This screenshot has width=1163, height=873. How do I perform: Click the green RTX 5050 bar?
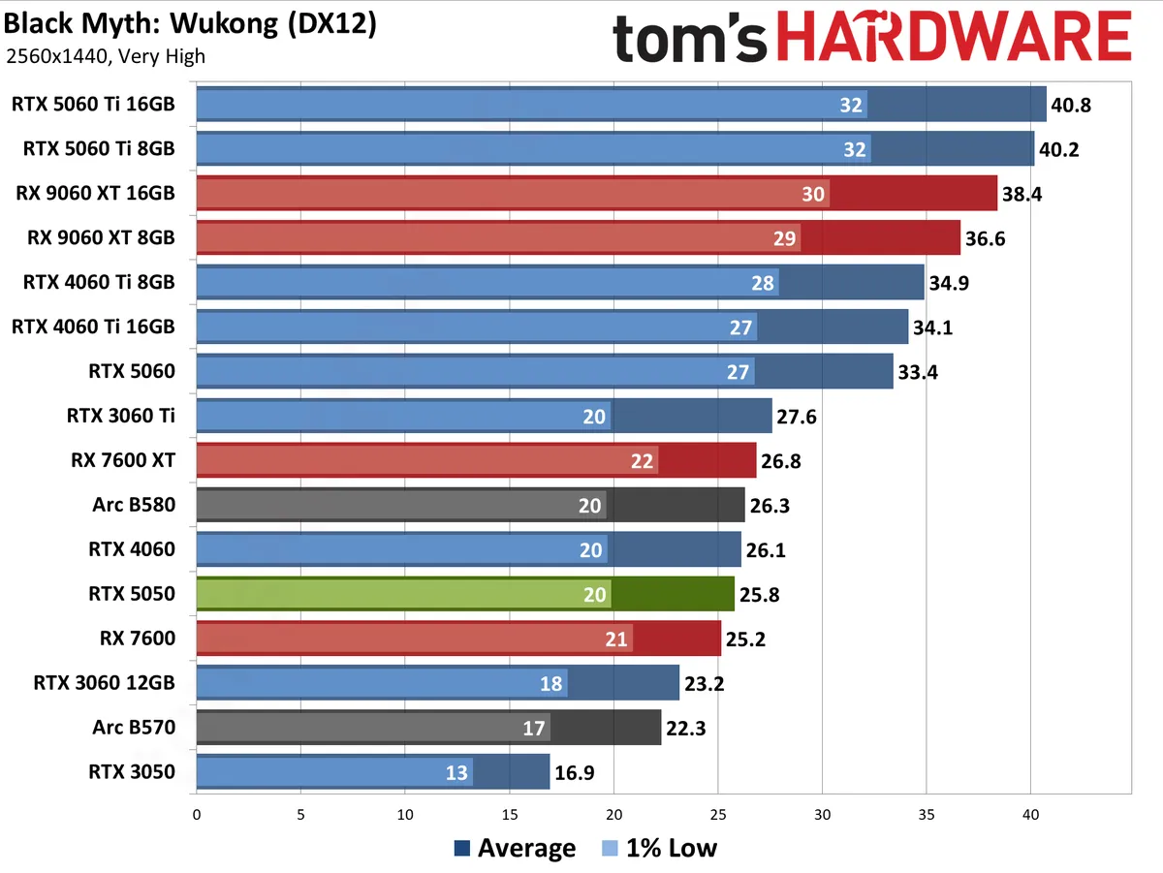click(465, 594)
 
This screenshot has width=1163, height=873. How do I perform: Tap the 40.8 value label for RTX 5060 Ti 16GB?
click(1071, 105)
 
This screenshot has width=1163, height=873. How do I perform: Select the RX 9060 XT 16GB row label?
click(95, 193)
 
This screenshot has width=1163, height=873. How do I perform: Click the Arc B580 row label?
click(135, 505)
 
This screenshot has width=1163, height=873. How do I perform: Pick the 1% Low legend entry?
click(659, 849)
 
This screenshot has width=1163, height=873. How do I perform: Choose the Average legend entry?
click(515, 849)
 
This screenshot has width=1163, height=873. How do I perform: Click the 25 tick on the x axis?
click(718, 816)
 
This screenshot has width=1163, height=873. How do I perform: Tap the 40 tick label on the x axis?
click(1031, 816)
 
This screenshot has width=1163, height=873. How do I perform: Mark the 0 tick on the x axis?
click(197, 816)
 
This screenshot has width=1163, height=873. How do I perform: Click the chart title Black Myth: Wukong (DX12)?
click(191, 23)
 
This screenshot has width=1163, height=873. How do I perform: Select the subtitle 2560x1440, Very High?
click(106, 56)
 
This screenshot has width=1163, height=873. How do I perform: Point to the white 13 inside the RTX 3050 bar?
click(456, 773)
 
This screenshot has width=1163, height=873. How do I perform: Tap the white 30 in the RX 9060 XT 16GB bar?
click(813, 194)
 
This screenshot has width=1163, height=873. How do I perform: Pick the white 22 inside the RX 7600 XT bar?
click(642, 461)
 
